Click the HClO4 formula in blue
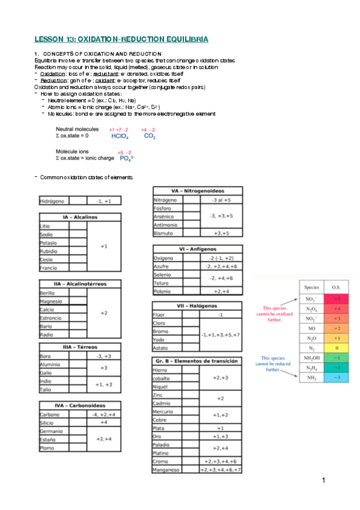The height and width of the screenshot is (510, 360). tap(120, 137)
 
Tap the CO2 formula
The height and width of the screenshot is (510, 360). tap(150, 137)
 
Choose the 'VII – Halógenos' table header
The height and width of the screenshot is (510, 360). tap(197, 306)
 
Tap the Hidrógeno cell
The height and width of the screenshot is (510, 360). tap(53, 201)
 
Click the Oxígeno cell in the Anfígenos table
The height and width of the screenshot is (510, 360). tap(165, 257)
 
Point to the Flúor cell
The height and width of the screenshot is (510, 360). tap(160, 315)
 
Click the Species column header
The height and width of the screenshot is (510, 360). tap(311, 287)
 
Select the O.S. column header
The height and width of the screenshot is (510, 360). tap(337, 287)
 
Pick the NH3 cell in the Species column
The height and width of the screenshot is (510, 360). tap(311, 377)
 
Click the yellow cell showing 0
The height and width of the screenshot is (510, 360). tap(337, 348)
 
